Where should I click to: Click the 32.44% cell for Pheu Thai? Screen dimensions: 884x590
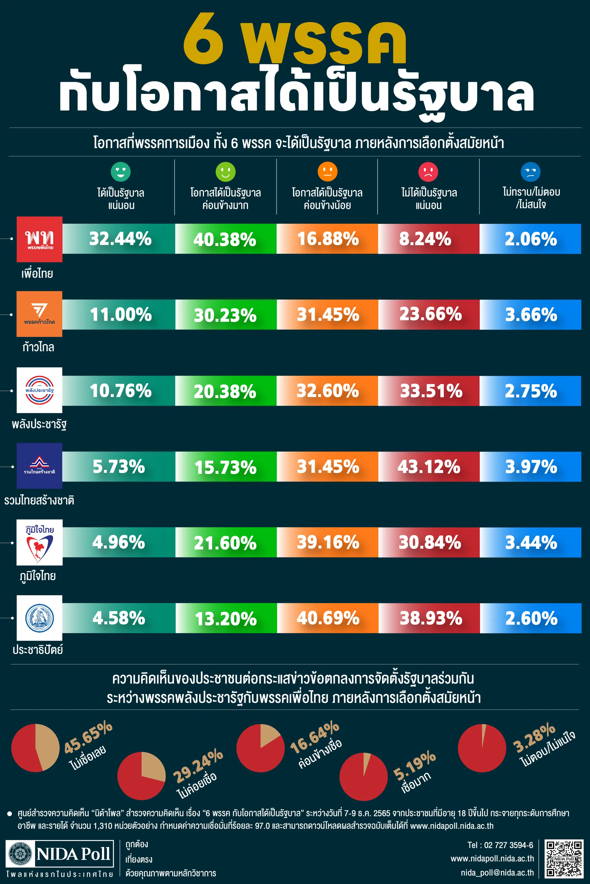[120, 239]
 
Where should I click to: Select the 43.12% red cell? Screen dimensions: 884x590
[429, 467]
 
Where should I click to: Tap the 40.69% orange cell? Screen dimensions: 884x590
[328, 618]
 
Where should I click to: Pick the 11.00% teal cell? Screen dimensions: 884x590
[120, 315]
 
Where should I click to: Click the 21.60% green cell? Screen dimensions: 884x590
[225, 543]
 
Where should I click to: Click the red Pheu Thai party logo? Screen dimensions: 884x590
[39, 239]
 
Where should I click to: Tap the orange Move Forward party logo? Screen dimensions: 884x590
[39, 314]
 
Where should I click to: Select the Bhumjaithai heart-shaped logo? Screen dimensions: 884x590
[39, 542]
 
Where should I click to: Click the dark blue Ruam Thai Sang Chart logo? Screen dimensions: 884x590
[39, 466]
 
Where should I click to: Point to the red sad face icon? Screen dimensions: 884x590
[428, 172]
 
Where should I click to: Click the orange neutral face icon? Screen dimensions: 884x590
[327, 172]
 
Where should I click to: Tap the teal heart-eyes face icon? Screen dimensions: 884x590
[120, 172]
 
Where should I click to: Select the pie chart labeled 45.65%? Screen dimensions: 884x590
[35, 748]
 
